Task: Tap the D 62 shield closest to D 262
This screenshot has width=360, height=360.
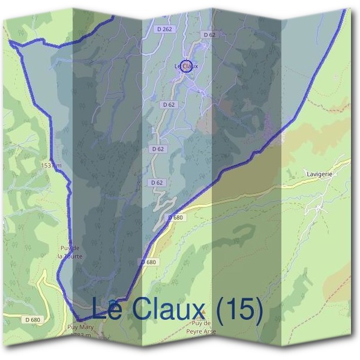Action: pos(209,35)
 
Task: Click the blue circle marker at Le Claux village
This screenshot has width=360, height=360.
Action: pos(186,67)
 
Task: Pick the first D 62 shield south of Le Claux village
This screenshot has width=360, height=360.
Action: pos(169,104)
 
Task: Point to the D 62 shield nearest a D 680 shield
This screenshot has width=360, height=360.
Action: pos(157,182)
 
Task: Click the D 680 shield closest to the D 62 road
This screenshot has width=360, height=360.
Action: pos(175,217)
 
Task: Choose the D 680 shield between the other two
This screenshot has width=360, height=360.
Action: pos(149,262)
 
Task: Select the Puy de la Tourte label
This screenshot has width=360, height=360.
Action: pos(70,252)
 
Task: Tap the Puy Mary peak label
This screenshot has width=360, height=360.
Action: pos(81,328)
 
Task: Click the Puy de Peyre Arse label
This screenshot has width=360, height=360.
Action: pos(201,328)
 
